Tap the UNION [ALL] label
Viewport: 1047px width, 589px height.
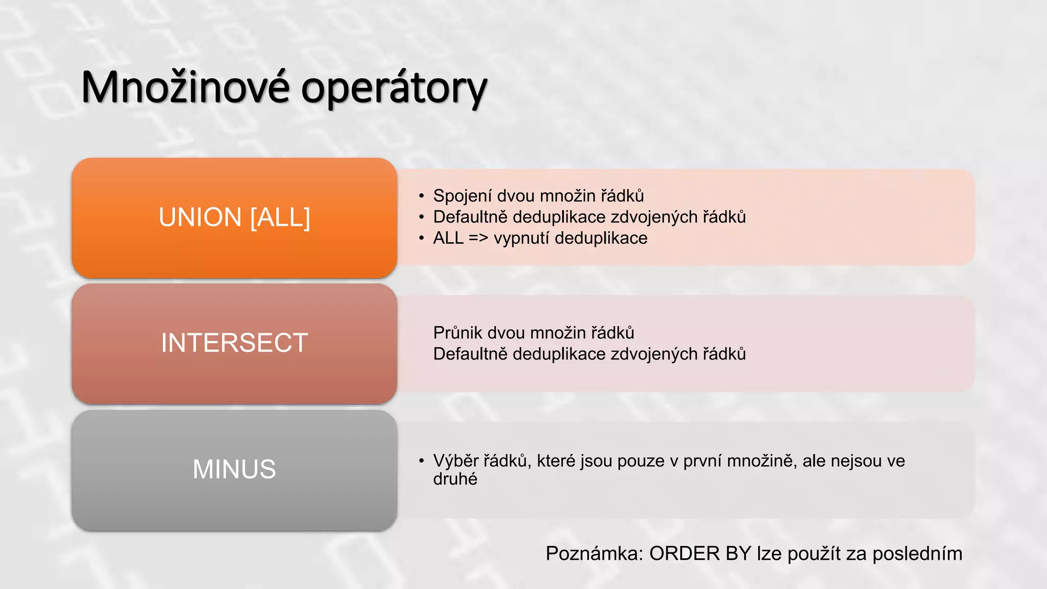(x=234, y=217)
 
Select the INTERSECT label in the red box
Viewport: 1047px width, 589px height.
(x=234, y=343)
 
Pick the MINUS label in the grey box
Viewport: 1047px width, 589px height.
(x=234, y=469)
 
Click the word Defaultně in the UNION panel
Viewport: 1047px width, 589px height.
(x=470, y=217)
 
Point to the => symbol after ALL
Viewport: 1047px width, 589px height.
(x=479, y=238)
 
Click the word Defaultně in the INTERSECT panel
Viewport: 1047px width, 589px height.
(x=470, y=354)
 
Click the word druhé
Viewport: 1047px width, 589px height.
(x=455, y=480)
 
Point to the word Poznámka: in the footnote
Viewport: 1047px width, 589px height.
(x=594, y=554)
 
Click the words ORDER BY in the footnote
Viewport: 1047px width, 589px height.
(x=700, y=554)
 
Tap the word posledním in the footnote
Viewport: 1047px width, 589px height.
(x=917, y=554)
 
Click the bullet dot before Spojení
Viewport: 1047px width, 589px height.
(x=421, y=196)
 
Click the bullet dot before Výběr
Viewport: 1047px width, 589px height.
(x=421, y=461)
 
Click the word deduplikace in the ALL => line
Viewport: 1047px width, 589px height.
(x=601, y=238)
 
